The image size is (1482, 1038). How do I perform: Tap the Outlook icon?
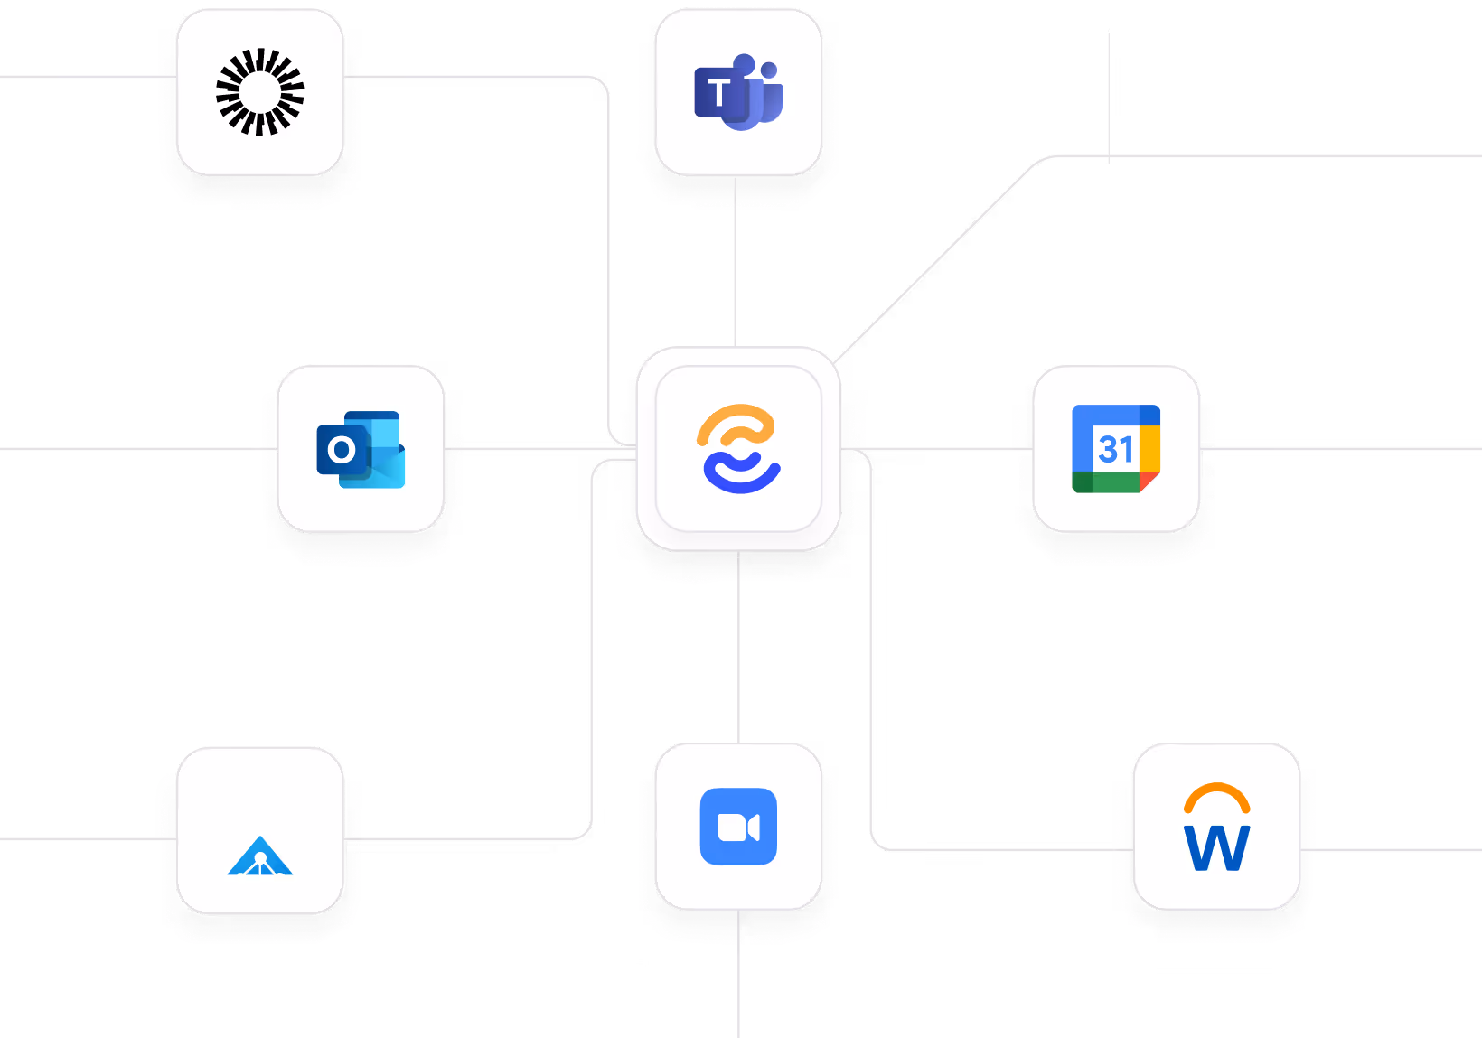[x=361, y=449]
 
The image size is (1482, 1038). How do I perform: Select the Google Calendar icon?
[x=1116, y=449]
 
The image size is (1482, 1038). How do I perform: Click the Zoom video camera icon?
[x=738, y=827]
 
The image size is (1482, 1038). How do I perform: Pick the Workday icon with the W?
[x=1216, y=828]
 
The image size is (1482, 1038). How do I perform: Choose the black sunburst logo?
[x=260, y=92]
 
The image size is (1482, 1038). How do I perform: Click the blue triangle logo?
[x=260, y=856]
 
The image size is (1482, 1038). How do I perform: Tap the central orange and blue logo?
[x=738, y=449]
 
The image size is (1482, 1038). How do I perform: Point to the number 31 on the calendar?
[x=1115, y=449]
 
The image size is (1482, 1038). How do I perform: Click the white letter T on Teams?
[x=718, y=93]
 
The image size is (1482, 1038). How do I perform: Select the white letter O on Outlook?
[x=341, y=450]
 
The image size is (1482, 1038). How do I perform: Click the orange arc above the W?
[x=1216, y=795]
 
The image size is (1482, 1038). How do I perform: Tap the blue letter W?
[x=1216, y=848]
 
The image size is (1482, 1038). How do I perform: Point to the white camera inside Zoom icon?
[x=737, y=828]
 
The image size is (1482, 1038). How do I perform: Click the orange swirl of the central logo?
[x=736, y=425]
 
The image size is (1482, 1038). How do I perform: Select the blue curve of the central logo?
[x=741, y=476]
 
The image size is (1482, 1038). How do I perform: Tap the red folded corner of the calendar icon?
[x=1149, y=482]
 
